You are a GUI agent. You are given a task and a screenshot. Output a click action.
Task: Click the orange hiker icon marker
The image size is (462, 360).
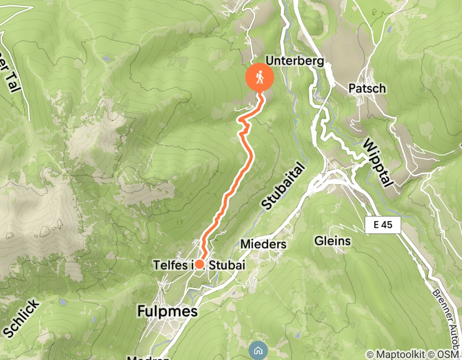[x=260, y=77]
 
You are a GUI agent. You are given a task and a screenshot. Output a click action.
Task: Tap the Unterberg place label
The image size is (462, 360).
[x=294, y=62]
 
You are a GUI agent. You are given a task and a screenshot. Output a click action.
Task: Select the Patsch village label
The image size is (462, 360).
[x=367, y=88]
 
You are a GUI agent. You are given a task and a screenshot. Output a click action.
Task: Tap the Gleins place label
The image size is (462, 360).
[x=332, y=241]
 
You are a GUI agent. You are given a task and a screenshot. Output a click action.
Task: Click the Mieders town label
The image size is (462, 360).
[x=263, y=244]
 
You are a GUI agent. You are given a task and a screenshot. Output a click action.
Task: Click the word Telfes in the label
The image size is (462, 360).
[x=172, y=265]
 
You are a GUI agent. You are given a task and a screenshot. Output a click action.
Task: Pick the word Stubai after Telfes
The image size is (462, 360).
[x=226, y=265]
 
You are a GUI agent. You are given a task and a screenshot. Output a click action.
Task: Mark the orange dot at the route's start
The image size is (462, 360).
[x=199, y=264]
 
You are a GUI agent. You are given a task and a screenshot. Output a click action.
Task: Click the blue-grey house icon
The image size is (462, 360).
[x=258, y=351]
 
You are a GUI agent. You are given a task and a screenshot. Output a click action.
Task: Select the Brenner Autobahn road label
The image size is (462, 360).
[x=447, y=317]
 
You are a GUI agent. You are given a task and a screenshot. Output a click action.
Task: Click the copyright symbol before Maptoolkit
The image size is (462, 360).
[x=370, y=354]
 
